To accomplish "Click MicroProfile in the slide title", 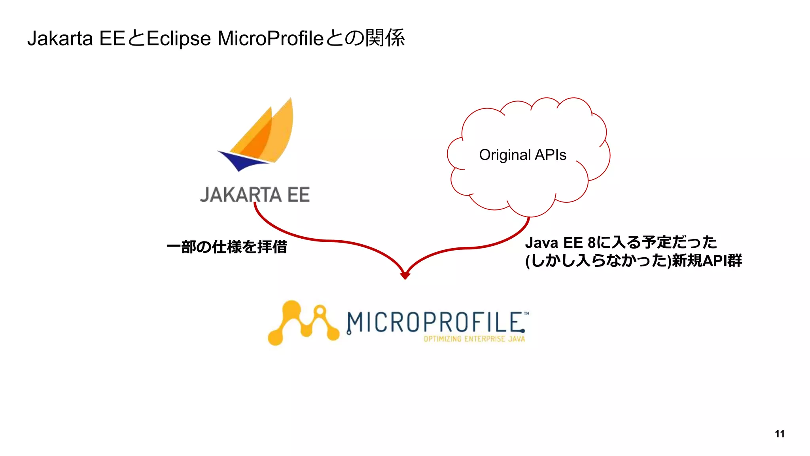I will (271, 39).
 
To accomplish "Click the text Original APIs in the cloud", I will (522, 155).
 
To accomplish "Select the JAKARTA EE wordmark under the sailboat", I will (255, 195).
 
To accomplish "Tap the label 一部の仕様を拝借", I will (227, 247).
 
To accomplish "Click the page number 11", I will (780, 434).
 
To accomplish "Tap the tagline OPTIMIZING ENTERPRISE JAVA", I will (474, 339).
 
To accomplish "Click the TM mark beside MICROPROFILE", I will (526, 314).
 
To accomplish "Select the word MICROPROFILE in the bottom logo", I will (435, 322).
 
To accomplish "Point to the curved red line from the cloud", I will (475, 247).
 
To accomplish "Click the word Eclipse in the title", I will (178, 39).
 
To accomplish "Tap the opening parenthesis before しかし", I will (528, 261).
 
